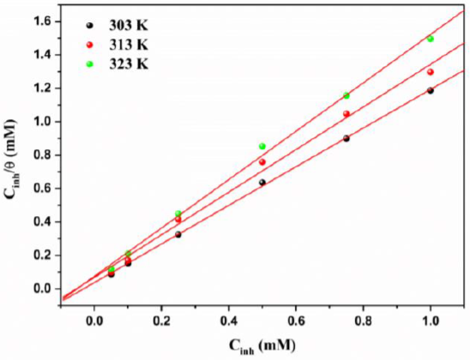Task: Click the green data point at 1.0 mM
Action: [x=431, y=39]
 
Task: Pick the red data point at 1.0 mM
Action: [x=431, y=72]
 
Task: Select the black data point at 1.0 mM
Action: [x=431, y=91]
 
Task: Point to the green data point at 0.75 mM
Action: [x=346, y=96]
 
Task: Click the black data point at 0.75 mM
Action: [x=346, y=139]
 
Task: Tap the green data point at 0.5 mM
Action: [x=262, y=147]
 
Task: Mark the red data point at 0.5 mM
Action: [x=262, y=162]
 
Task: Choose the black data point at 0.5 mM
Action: [x=262, y=182]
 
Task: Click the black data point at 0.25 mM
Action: [x=178, y=235]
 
